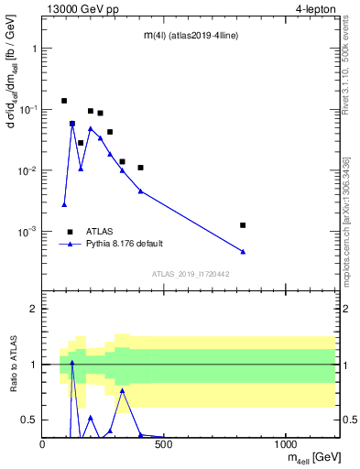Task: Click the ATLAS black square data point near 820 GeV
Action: tap(243, 224)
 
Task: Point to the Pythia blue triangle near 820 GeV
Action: tap(243, 251)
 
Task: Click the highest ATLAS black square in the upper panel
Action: tap(64, 101)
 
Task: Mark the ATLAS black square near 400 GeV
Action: tap(140, 168)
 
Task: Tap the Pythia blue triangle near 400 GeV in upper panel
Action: tap(140, 191)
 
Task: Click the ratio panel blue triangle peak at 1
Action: tap(72, 363)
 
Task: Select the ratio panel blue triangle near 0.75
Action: tap(122, 390)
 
